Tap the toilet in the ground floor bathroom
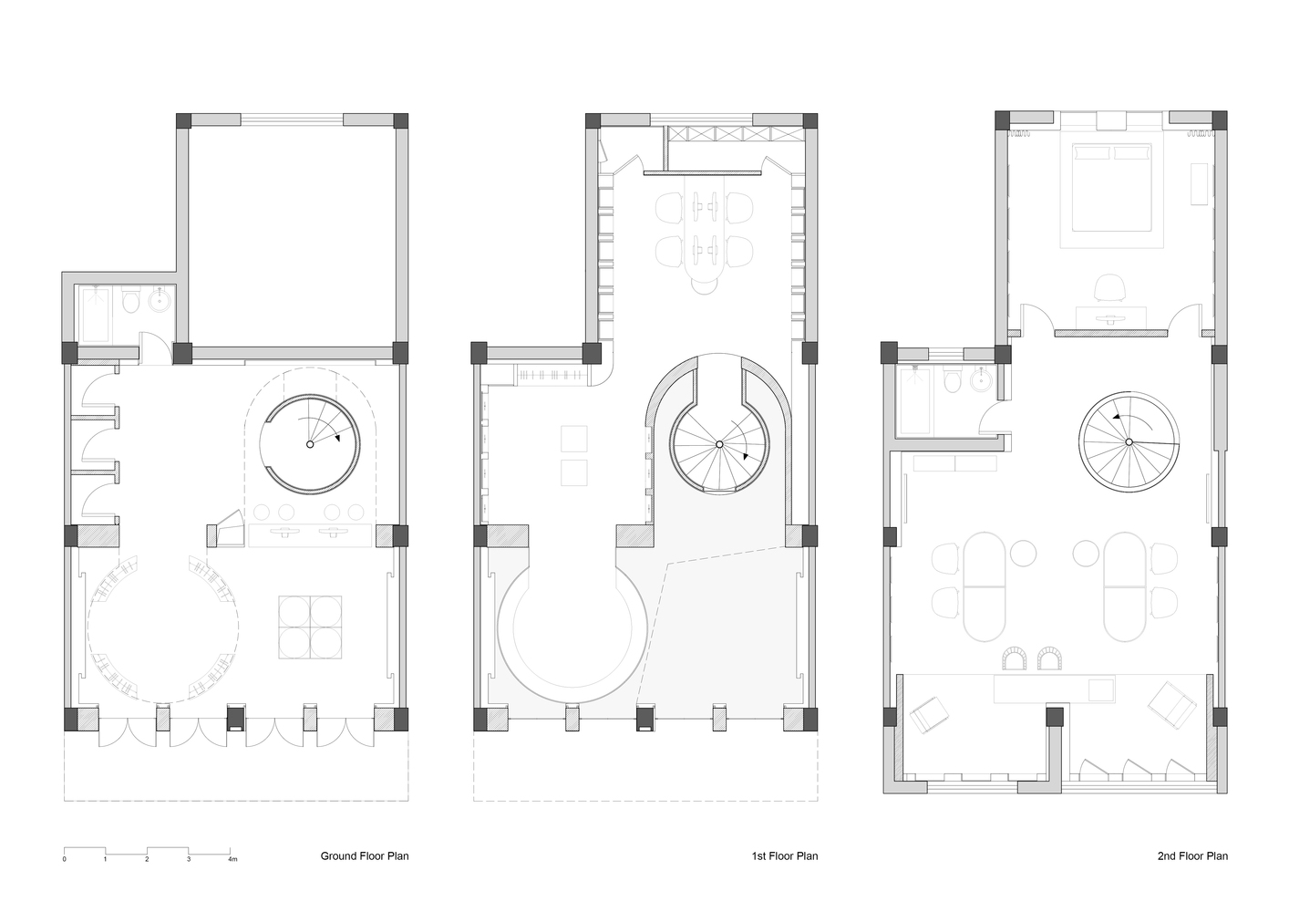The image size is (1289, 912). tap(131, 301)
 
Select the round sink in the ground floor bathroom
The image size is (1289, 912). tap(158, 300)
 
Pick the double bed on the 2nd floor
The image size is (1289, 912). tap(1112, 187)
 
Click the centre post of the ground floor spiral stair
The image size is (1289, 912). tap(310, 444)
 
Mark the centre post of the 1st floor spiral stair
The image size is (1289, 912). tap(719, 444)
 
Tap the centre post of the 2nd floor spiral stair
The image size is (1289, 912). tap(1129, 442)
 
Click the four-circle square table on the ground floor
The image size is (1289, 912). tap(310, 627)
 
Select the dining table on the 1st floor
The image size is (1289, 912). tap(705, 234)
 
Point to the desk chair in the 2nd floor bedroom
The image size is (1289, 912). tap(1109, 287)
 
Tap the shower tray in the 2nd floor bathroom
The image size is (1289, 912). tap(915, 400)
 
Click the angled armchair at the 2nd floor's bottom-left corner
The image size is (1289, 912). tap(929, 714)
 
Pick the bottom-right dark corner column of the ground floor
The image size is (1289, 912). tap(401, 719)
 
